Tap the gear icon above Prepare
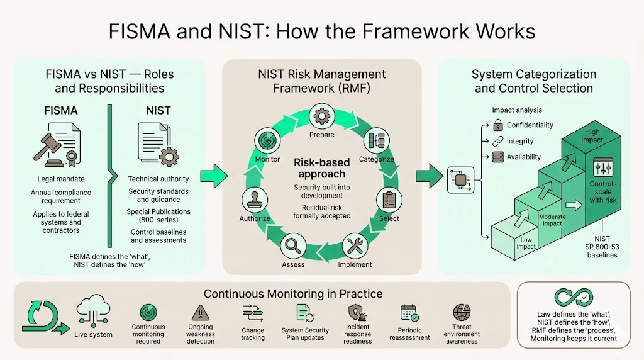321,116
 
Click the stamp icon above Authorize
255,199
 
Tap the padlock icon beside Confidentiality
498,125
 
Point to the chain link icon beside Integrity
498,142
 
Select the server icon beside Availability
498,157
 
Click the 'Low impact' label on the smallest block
527,244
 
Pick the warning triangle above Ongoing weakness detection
200,312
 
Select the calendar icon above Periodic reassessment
409,313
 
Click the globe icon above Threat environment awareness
462,313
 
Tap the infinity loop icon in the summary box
572,298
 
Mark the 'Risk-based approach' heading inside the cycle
321,168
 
